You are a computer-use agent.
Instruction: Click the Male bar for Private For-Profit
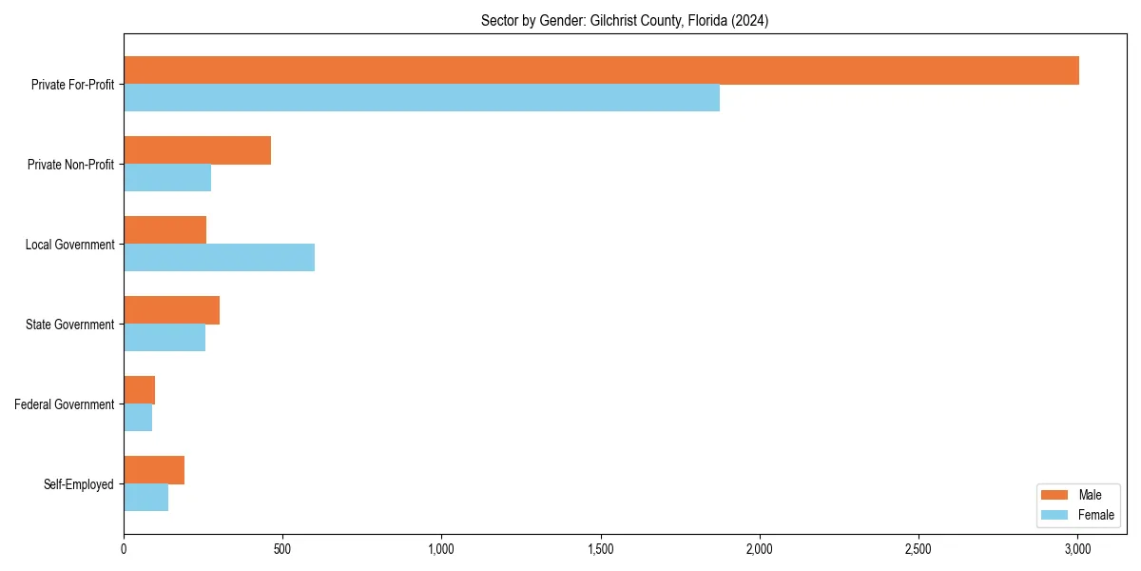pyautogui.click(x=601, y=70)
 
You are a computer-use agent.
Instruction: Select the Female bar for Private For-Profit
pyautogui.click(x=421, y=98)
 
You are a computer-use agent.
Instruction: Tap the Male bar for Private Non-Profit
pyautogui.click(x=197, y=150)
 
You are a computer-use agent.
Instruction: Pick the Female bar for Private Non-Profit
pyautogui.click(x=167, y=178)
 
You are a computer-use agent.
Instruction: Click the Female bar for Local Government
pyautogui.click(x=219, y=258)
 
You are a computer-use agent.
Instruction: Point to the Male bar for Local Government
pyautogui.click(x=164, y=230)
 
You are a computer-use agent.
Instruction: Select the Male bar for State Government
pyautogui.click(x=171, y=310)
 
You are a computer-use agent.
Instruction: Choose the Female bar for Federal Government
pyautogui.click(x=138, y=418)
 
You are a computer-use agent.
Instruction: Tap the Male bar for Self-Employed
pyautogui.click(x=154, y=470)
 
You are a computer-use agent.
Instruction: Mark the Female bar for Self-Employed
pyautogui.click(x=145, y=498)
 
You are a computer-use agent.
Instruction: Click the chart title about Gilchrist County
pyautogui.click(x=625, y=20)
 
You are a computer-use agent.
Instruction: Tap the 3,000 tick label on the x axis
pyautogui.click(x=1076, y=549)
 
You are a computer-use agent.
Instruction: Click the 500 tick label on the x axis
pyautogui.click(x=282, y=549)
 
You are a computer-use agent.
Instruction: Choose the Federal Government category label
pyautogui.click(x=65, y=404)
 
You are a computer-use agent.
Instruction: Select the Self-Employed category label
pyautogui.click(x=79, y=484)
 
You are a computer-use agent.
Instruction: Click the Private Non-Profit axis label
pyautogui.click(x=70, y=165)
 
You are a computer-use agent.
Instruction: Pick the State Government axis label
pyautogui.click(x=69, y=325)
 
